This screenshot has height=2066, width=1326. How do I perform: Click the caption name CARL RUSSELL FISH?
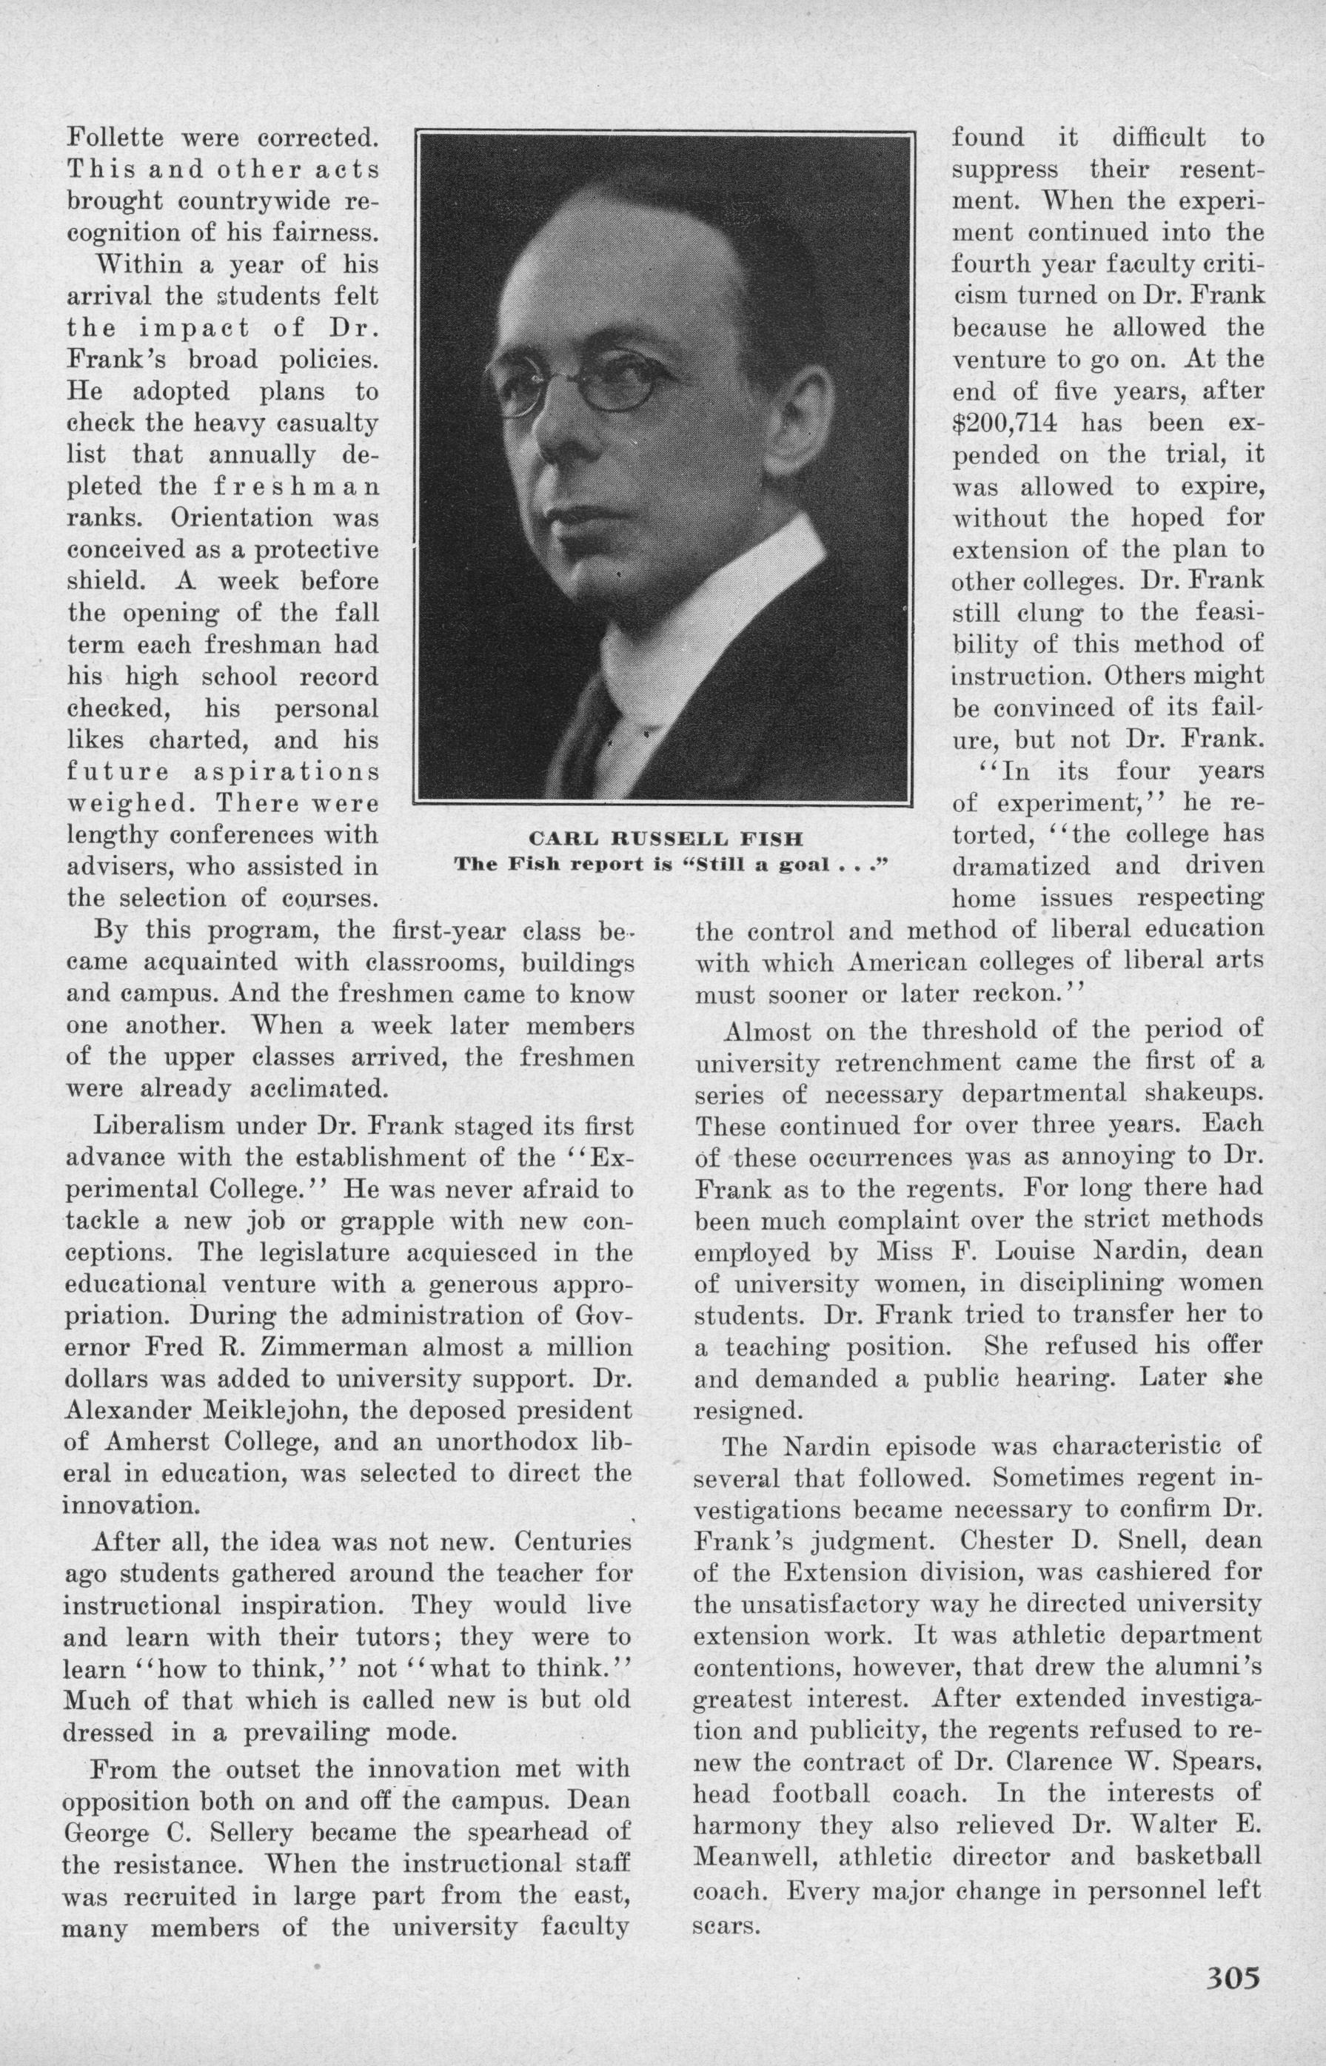coord(665,838)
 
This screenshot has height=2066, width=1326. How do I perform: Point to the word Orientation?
coord(244,518)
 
